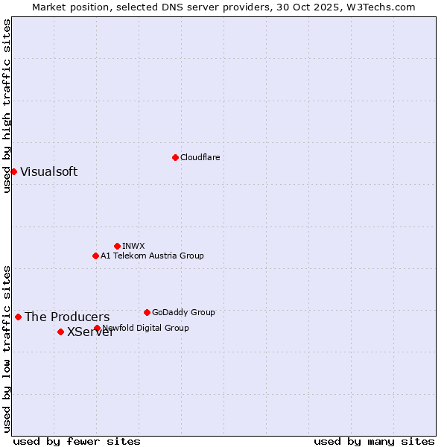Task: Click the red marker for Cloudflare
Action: tap(175, 157)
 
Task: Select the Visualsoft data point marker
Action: tap(13, 171)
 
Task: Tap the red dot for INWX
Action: tap(117, 246)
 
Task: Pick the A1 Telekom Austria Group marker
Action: tap(95, 256)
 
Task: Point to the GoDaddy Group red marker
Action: tap(147, 312)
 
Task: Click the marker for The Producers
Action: tap(18, 317)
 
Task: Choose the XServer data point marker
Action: tap(60, 332)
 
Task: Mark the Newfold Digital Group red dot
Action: tap(97, 328)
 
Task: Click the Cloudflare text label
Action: tap(200, 157)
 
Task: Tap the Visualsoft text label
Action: tap(48, 171)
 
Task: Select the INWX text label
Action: tap(133, 246)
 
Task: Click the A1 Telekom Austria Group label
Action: tap(152, 256)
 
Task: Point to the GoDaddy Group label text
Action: tap(183, 312)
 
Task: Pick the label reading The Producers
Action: tap(67, 317)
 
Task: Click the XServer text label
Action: tap(90, 332)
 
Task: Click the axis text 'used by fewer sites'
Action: tap(77, 441)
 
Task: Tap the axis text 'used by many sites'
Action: tap(374, 441)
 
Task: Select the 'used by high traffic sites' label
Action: tap(7, 106)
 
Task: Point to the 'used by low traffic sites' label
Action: tap(7, 349)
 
